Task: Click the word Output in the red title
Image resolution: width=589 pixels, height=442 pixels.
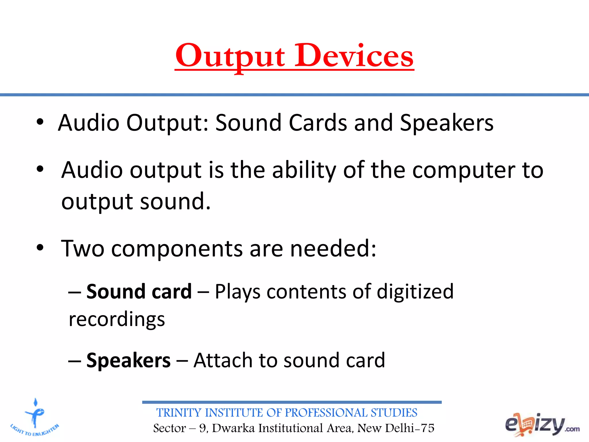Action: [x=230, y=56]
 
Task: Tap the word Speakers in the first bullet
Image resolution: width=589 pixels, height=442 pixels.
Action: [x=446, y=123]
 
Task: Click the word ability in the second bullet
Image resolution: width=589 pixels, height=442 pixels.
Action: [x=304, y=170]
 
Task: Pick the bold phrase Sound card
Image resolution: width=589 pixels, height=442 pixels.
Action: [x=139, y=292]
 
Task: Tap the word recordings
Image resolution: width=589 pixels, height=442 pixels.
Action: [x=117, y=319]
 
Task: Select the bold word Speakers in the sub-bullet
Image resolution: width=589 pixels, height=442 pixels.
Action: [x=128, y=361]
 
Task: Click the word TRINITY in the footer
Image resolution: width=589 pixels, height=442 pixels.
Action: [x=179, y=413]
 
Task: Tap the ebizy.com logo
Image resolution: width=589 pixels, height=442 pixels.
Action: [x=542, y=424]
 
